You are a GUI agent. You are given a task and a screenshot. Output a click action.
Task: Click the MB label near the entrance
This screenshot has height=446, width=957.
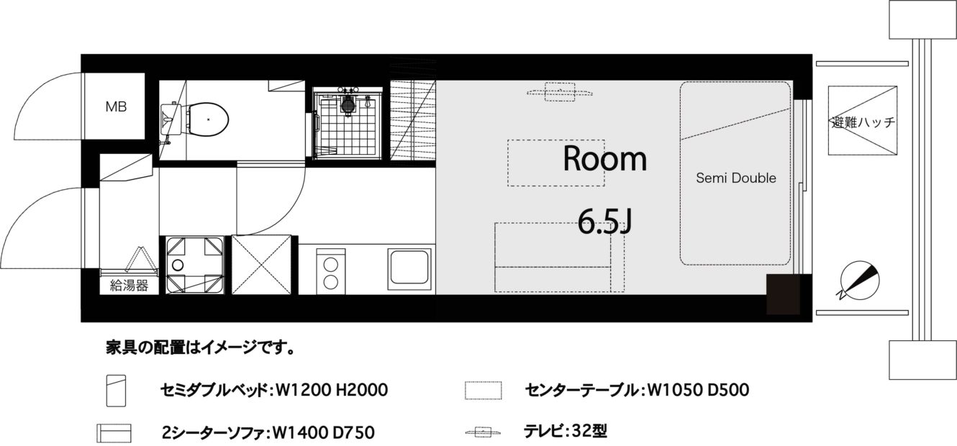click(116, 106)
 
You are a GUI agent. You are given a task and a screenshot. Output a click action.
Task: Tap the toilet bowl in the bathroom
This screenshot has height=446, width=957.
click(208, 119)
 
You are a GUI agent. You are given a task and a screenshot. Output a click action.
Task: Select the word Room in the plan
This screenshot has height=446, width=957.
click(604, 158)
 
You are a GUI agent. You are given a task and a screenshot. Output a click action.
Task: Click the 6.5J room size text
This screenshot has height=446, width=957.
click(604, 222)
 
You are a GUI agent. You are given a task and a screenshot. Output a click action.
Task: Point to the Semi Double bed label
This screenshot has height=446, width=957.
click(735, 178)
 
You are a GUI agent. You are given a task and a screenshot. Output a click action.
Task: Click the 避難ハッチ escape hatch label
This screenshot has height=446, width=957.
click(863, 122)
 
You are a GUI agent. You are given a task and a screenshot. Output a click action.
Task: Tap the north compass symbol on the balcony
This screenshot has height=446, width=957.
click(859, 281)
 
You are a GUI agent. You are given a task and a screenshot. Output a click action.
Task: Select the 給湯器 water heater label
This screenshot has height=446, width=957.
click(129, 286)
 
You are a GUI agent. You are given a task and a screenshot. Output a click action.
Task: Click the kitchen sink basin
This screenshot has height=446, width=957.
click(409, 268)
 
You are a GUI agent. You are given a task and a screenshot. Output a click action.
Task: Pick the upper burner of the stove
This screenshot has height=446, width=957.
click(330, 265)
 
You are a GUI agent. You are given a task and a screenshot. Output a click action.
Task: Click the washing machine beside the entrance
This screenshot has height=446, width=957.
click(195, 265)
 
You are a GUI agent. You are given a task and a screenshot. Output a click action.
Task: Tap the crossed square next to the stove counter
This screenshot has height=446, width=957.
click(261, 265)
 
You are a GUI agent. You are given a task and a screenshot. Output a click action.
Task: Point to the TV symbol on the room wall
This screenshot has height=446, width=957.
click(560, 92)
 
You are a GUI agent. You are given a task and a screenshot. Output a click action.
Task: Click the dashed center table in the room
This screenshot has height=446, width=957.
click(555, 163)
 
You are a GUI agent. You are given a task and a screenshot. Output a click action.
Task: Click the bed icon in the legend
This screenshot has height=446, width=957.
click(117, 391)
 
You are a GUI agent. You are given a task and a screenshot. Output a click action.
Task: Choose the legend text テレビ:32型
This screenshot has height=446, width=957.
click(566, 431)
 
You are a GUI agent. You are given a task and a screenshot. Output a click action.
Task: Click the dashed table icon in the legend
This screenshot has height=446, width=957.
click(484, 390)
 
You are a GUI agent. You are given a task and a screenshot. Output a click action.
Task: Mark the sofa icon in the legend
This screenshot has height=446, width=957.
click(114, 433)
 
